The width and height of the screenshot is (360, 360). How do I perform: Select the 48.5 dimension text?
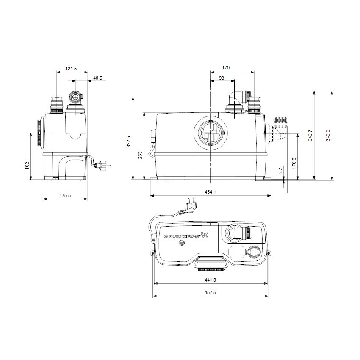(x=97, y=78)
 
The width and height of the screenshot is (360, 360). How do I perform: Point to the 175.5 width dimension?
(x=65, y=195)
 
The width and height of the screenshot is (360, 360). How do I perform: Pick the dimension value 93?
(x=222, y=78)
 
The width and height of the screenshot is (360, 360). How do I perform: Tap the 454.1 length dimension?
(x=210, y=192)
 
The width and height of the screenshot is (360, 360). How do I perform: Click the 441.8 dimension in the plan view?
(x=210, y=280)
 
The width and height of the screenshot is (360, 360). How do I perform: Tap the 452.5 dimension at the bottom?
(x=210, y=292)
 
